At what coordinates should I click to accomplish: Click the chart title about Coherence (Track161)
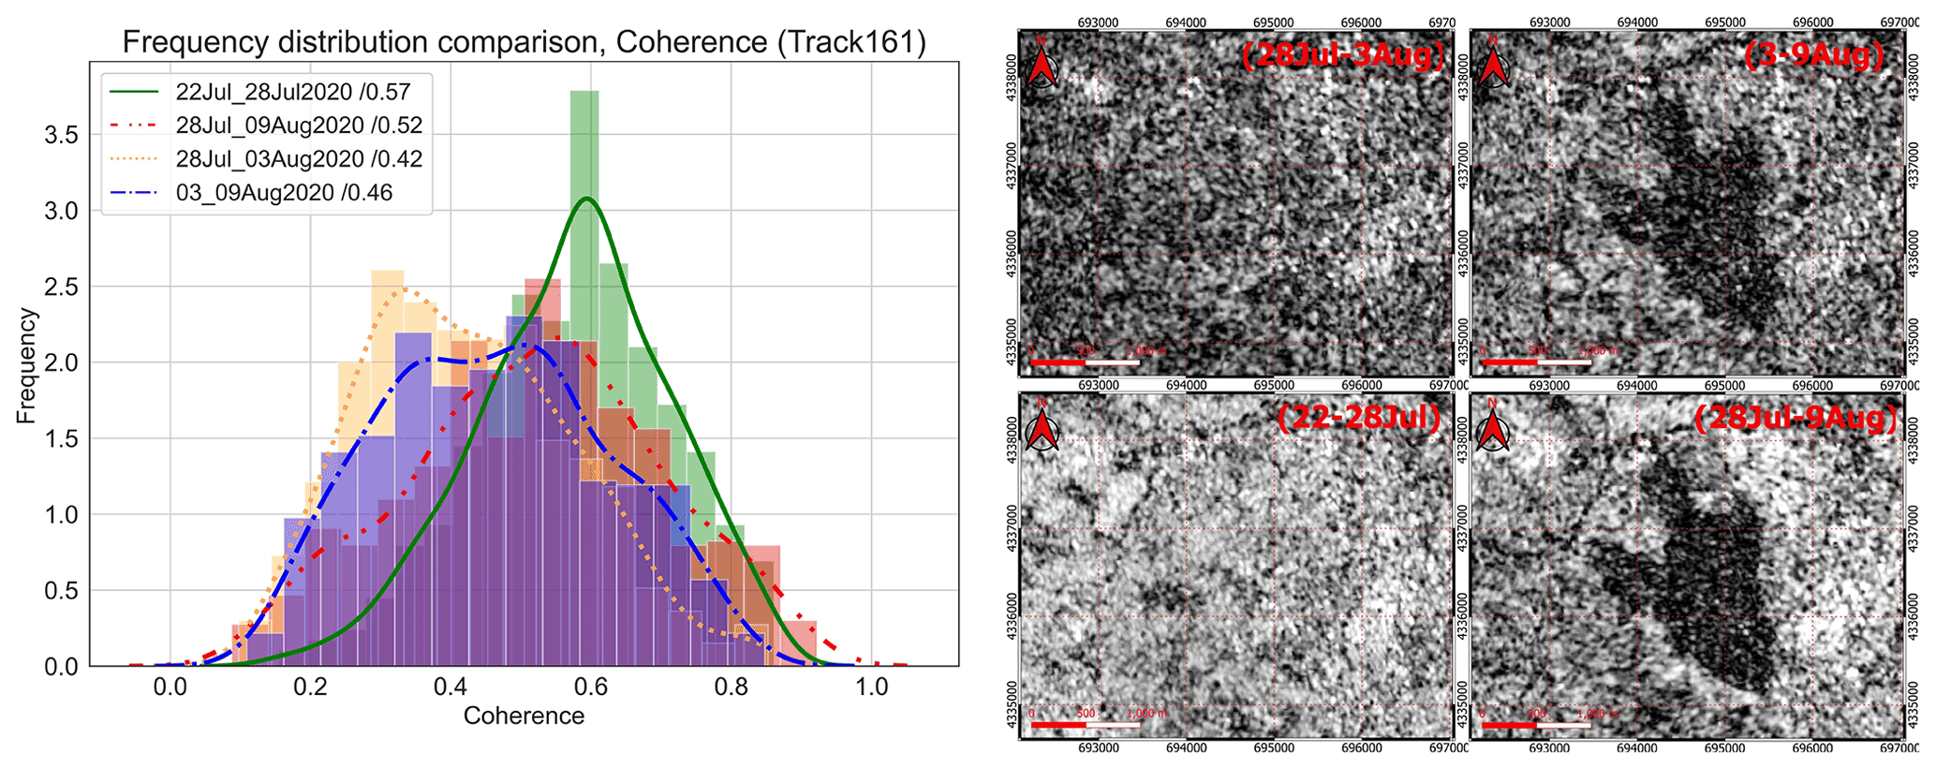[524, 42]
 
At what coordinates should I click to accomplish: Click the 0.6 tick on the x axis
[591, 687]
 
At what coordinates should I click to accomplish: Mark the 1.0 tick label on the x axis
[872, 687]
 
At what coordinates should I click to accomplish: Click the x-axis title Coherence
[524, 717]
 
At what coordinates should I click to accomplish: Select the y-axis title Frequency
[26, 366]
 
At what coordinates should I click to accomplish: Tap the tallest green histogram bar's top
[584, 92]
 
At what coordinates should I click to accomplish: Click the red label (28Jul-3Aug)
[1341, 56]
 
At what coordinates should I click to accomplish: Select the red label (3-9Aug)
[1814, 56]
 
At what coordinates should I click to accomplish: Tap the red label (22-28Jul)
[1358, 418]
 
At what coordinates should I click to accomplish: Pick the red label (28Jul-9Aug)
[1796, 418]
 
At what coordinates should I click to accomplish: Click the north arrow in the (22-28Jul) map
[1042, 428]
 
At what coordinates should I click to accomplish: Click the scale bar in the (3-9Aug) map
[1537, 361]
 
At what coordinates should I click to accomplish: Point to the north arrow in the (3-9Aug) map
[1494, 67]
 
